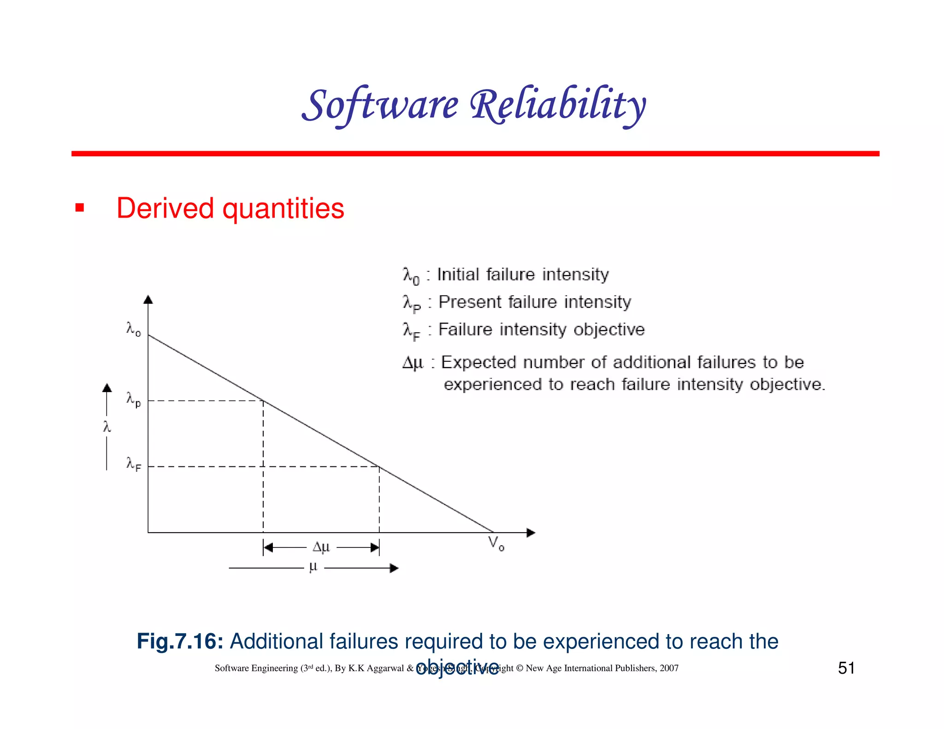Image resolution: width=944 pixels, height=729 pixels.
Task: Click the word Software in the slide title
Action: pyautogui.click(x=380, y=105)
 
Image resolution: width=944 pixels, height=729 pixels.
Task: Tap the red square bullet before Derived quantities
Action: pyautogui.click(x=80, y=208)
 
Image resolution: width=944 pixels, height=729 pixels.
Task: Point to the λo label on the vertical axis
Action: pyautogui.click(x=133, y=329)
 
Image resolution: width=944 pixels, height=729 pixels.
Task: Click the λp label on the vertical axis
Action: pyautogui.click(x=133, y=399)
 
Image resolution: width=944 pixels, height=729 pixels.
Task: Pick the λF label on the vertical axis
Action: pyautogui.click(x=133, y=464)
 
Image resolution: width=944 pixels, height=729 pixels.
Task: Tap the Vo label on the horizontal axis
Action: pyautogui.click(x=496, y=544)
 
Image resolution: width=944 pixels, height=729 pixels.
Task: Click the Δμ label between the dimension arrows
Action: pyautogui.click(x=321, y=547)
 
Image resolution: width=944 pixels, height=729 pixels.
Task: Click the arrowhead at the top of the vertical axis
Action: pyautogui.click(x=148, y=300)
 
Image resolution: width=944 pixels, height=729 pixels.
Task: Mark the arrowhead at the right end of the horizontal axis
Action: pyautogui.click(x=531, y=533)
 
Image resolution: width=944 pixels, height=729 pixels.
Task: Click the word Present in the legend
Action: pyautogui.click(x=470, y=302)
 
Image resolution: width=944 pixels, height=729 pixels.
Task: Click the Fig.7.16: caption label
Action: pyautogui.click(x=180, y=641)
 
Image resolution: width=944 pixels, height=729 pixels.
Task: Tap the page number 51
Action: pyautogui.click(x=846, y=668)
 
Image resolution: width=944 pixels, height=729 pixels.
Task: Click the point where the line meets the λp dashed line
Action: pyautogui.click(x=263, y=401)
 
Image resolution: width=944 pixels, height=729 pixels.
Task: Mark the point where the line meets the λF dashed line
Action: pyautogui.click(x=379, y=467)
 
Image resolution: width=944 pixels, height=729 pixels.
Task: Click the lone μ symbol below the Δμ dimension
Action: pyautogui.click(x=313, y=567)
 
